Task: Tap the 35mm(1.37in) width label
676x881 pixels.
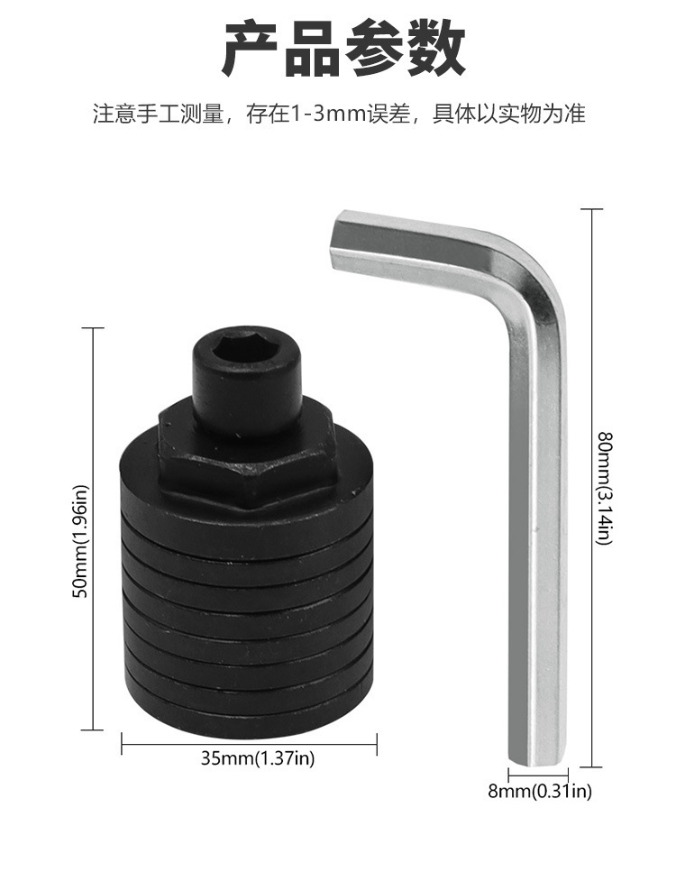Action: (x=259, y=758)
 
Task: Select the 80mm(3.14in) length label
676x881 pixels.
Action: (x=604, y=488)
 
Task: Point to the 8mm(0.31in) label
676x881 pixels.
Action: (x=540, y=792)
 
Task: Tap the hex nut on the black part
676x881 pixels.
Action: (x=247, y=455)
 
